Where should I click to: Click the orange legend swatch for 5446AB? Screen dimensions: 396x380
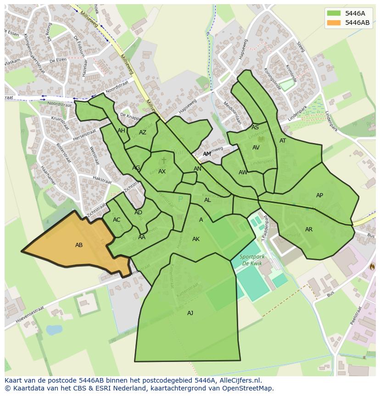point(334,23)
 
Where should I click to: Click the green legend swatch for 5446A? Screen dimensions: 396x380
point(334,13)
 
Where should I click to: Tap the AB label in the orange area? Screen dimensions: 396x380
point(79,245)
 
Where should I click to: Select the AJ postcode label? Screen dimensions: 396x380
point(190,313)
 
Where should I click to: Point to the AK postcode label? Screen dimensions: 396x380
point(196,239)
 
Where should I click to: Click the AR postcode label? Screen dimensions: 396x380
point(309,230)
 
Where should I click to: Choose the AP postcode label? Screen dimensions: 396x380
point(319,195)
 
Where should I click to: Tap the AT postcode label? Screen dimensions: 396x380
point(283,141)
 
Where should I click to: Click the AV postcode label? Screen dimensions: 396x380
point(256,148)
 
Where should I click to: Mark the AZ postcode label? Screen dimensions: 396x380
point(143,132)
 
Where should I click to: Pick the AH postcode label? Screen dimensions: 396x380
point(121,131)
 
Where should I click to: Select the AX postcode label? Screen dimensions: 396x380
point(162,172)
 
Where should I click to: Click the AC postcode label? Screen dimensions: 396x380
point(117,220)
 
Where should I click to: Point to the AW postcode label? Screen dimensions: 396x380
point(243,172)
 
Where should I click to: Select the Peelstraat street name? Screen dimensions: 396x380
point(356,316)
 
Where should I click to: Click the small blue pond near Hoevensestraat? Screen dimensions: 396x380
point(54,330)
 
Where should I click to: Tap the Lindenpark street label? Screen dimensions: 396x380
point(331,121)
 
